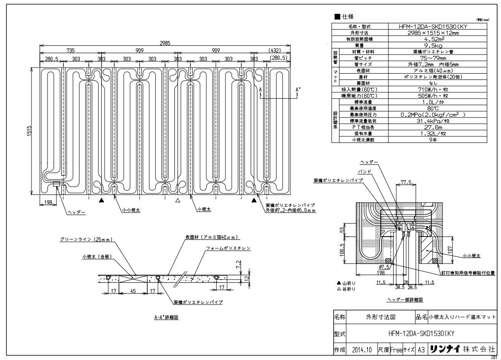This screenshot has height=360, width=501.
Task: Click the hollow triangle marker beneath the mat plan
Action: point(178,201)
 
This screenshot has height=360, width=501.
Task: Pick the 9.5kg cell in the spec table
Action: point(412,45)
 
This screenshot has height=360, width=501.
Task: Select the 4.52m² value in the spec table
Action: point(412,39)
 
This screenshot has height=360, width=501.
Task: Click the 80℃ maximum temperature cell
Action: point(412,108)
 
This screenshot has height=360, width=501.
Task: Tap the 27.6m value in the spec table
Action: point(412,127)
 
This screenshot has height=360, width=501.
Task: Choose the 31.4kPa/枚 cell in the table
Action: point(412,121)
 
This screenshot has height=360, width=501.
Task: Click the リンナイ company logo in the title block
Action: point(445,350)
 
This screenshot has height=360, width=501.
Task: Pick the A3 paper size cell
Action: point(419,350)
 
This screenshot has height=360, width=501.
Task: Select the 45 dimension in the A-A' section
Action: point(133,292)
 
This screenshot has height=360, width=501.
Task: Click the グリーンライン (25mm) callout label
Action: point(86,239)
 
